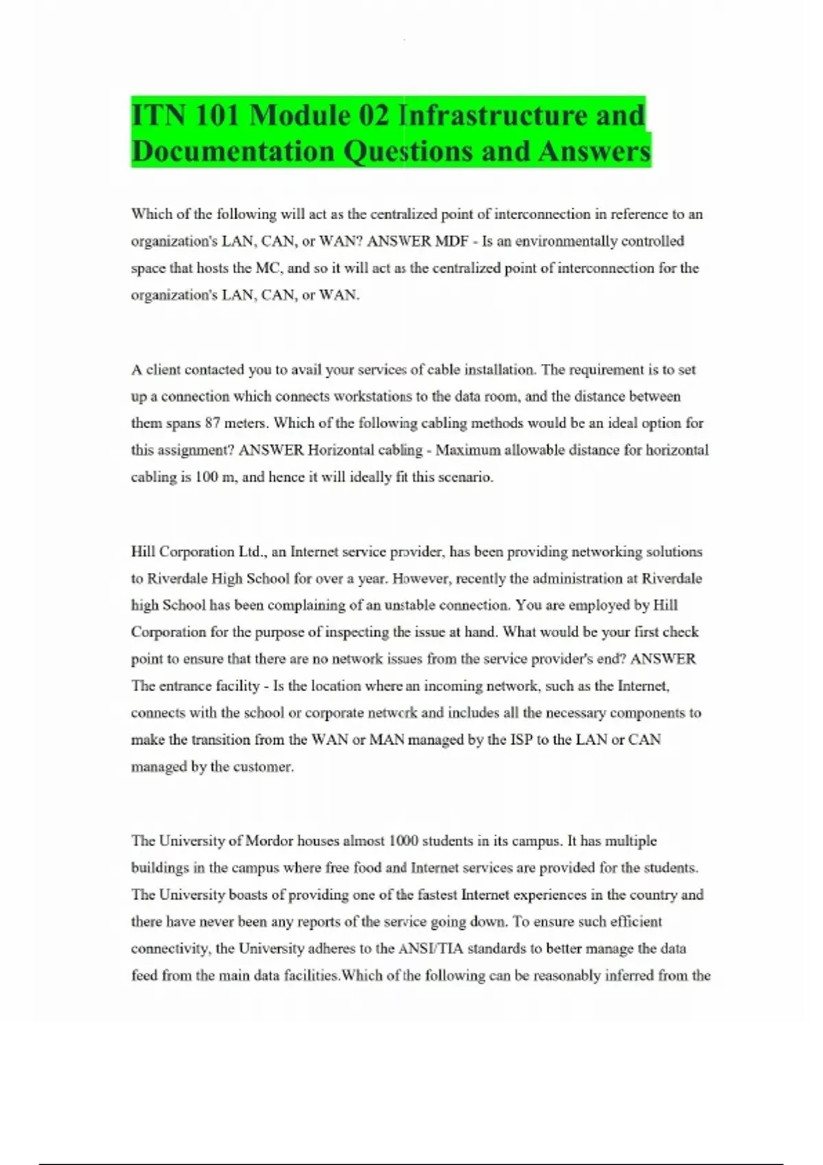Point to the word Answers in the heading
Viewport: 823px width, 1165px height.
[x=594, y=151]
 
